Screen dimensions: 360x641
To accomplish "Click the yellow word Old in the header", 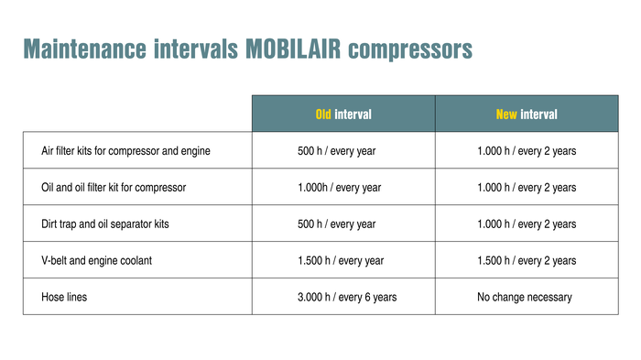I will [323, 115].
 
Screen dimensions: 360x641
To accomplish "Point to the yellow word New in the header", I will [506, 115].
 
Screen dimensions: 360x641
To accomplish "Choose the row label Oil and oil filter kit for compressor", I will [114, 187].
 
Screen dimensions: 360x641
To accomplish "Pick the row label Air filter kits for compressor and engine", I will [125, 150].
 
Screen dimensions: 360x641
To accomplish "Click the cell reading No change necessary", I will [526, 297].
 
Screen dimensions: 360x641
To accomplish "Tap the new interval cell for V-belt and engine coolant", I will [526, 260].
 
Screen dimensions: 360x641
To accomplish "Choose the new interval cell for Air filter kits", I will [526, 150].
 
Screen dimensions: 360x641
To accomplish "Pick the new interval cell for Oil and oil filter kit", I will [526, 187].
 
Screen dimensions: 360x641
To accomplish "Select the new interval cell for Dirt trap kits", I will [526, 224].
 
